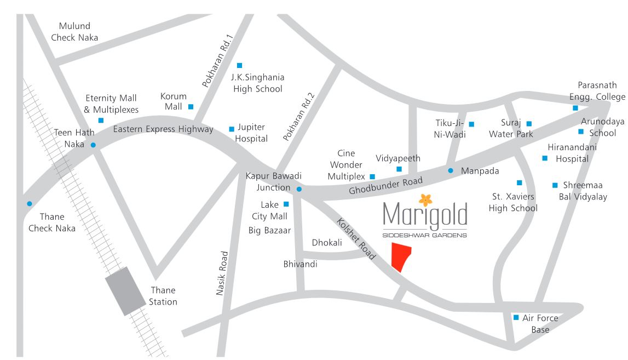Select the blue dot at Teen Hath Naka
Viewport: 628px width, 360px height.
click(x=93, y=145)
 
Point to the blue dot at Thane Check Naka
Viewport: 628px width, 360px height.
click(x=29, y=204)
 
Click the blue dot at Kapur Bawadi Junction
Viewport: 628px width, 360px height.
click(x=299, y=190)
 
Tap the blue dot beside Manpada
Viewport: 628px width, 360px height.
click(x=451, y=170)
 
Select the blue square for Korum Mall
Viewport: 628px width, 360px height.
click(x=191, y=107)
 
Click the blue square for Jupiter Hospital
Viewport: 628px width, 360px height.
click(x=232, y=129)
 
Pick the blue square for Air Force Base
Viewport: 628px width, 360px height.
click(x=516, y=317)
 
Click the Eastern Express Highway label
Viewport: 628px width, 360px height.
click(x=163, y=129)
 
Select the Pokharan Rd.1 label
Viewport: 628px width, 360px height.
click(x=217, y=61)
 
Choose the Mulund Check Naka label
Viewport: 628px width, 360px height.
click(x=75, y=32)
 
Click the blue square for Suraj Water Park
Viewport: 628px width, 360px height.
click(x=529, y=124)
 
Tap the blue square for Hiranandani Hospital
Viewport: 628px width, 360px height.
click(x=545, y=158)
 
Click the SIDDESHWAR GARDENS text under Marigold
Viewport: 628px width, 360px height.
click(x=425, y=236)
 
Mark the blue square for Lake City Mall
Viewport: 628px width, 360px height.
click(x=286, y=204)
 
